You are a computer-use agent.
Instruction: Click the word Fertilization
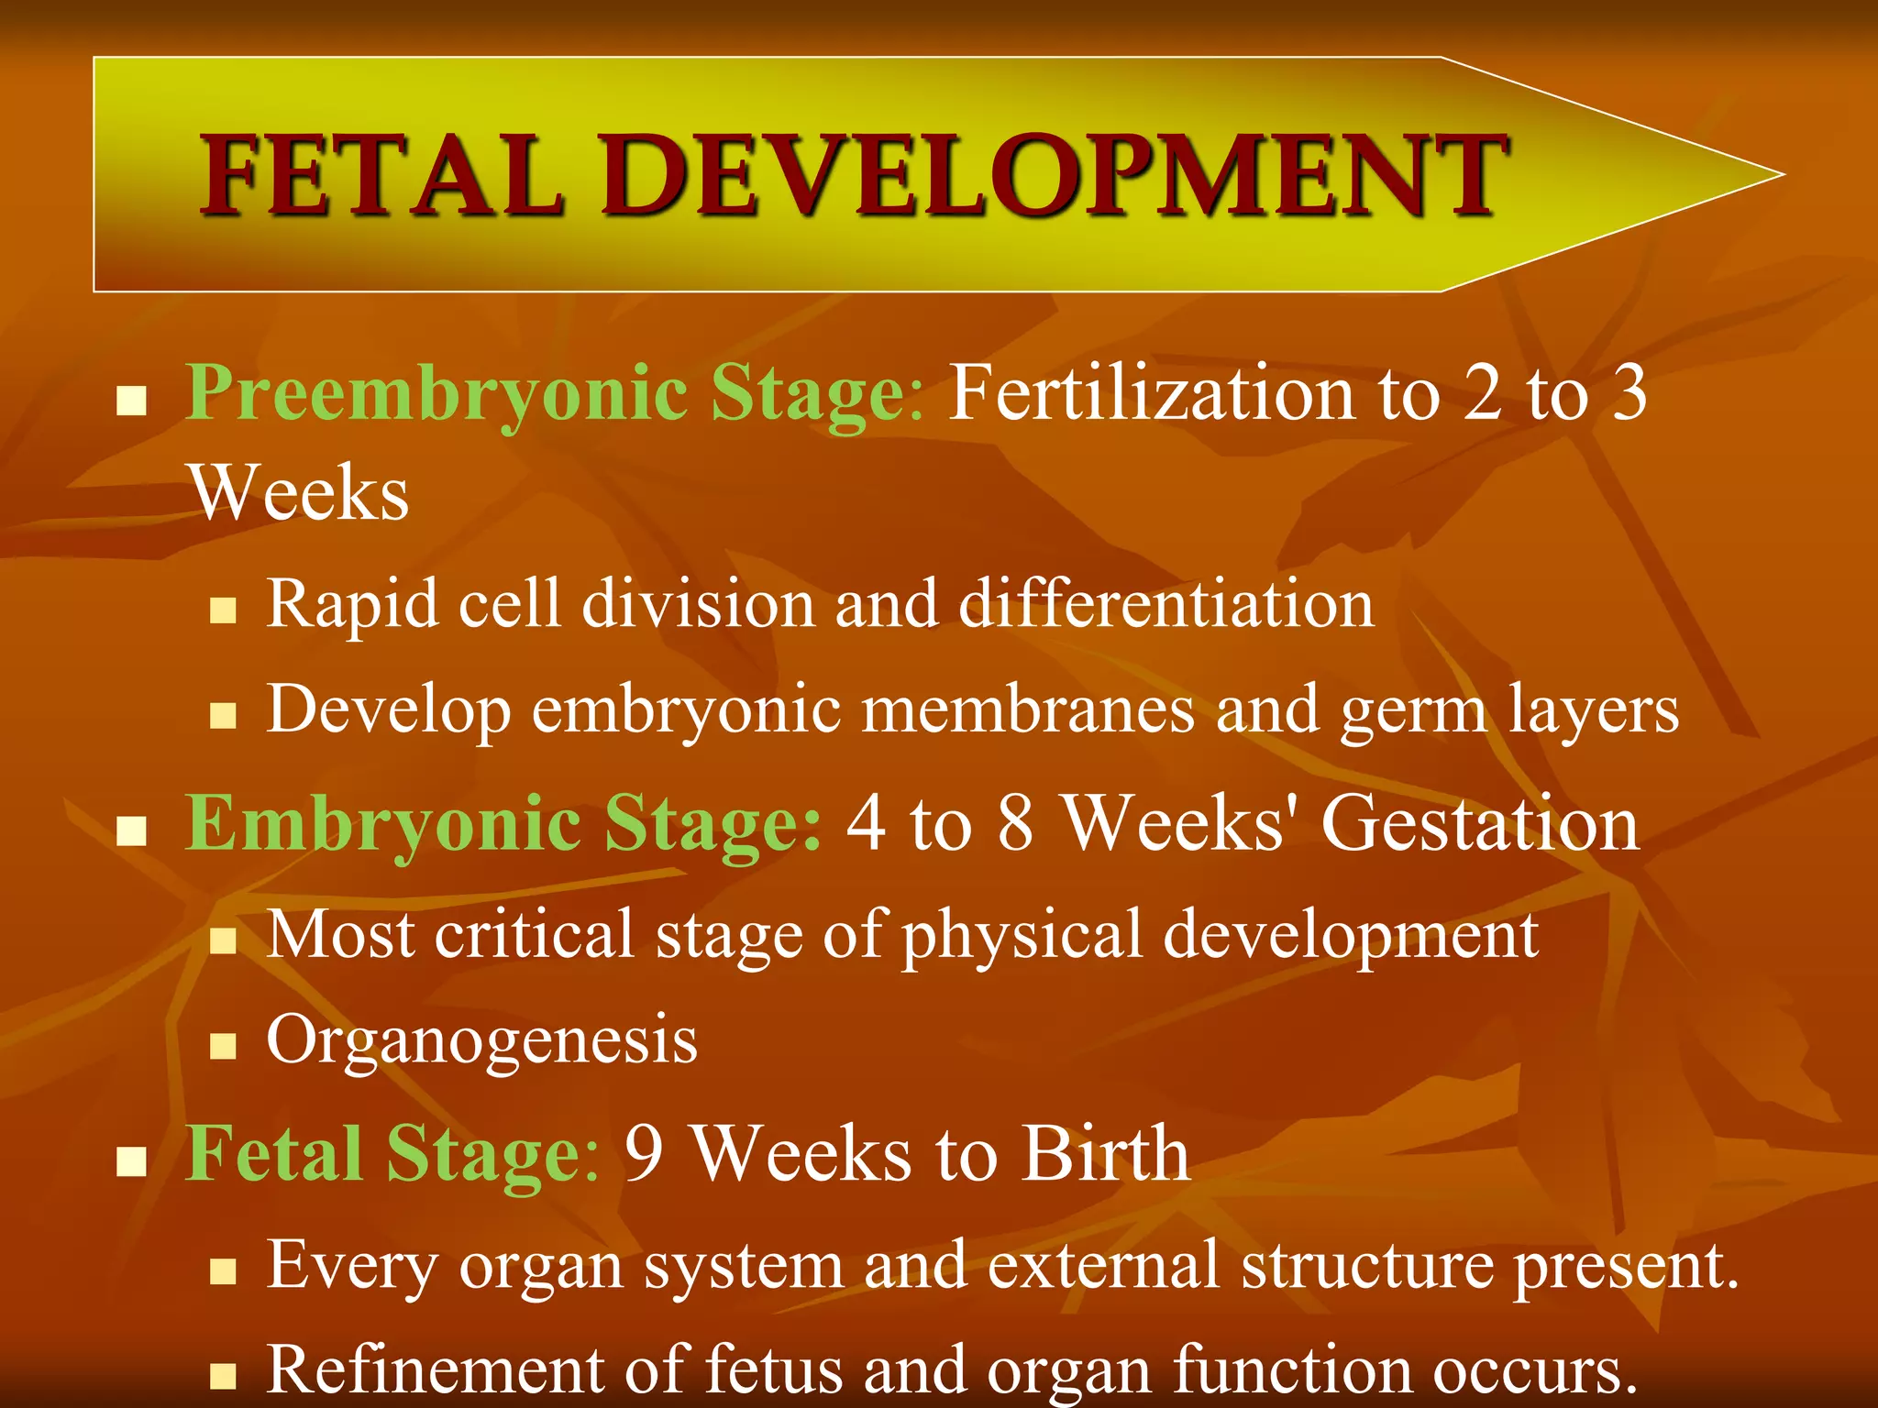click(x=1151, y=392)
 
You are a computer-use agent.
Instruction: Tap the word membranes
click(x=1028, y=709)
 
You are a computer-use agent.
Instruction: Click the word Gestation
click(x=1480, y=823)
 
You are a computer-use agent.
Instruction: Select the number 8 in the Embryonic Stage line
click(x=1016, y=823)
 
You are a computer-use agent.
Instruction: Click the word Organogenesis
click(x=482, y=1041)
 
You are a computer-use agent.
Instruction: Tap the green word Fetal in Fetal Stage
click(x=273, y=1153)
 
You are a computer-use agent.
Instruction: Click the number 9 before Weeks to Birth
click(x=644, y=1153)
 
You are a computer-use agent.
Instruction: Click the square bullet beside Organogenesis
click(x=223, y=1046)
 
